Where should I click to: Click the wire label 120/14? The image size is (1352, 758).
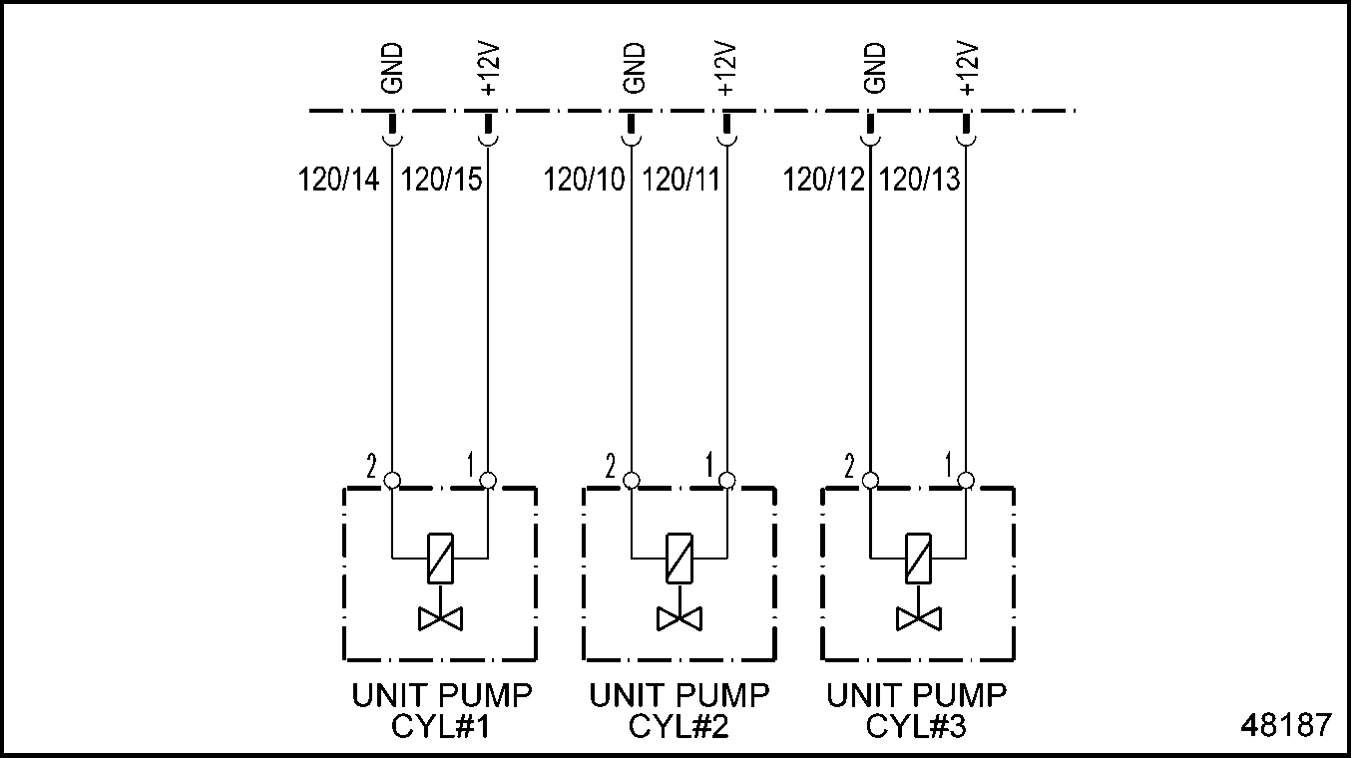click(x=339, y=181)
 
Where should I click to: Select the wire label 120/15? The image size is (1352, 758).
click(x=441, y=181)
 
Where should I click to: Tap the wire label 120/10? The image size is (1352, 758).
click(x=585, y=181)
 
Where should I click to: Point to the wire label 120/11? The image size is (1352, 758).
click(x=681, y=181)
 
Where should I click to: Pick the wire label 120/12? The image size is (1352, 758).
click(x=824, y=181)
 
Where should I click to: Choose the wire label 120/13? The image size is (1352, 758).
click(x=920, y=181)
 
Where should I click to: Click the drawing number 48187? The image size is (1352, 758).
click(x=1286, y=724)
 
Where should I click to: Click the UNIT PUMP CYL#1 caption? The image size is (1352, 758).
click(x=441, y=710)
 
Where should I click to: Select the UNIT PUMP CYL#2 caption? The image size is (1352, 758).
click(x=678, y=710)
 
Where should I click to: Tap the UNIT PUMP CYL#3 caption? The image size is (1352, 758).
click(x=916, y=710)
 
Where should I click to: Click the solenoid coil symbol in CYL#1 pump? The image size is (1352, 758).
click(x=441, y=558)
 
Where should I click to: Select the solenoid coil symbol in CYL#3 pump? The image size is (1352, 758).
click(x=917, y=558)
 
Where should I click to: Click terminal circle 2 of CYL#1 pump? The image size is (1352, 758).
click(x=392, y=481)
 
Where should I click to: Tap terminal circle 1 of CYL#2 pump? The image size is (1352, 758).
click(x=727, y=481)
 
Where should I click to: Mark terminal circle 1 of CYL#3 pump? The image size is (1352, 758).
click(x=965, y=481)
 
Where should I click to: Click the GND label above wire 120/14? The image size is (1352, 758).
click(x=392, y=68)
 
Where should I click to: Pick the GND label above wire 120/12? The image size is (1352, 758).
click(x=875, y=68)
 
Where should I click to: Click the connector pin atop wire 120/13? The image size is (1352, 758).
click(x=966, y=128)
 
